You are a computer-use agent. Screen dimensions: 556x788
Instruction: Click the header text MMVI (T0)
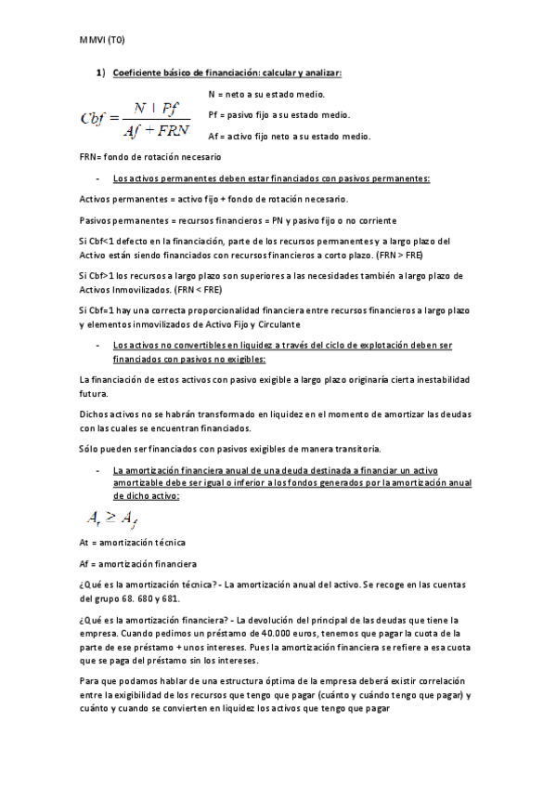pyautogui.click(x=103, y=40)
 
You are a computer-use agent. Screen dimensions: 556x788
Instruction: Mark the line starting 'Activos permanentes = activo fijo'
pyautogui.click(x=213, y=200)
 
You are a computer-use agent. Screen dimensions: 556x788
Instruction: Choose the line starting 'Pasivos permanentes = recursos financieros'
pyautogui.click(x=239, y=220)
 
